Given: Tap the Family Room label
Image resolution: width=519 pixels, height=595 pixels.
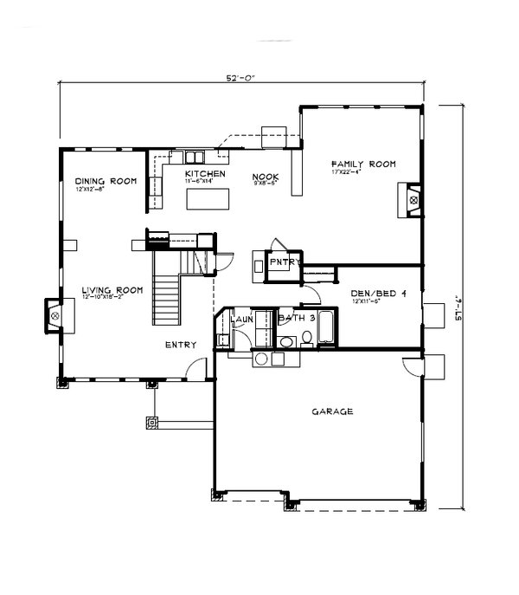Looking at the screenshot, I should [x=363, y=164].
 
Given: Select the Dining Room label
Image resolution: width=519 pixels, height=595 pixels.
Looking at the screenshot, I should [x=106, y=181].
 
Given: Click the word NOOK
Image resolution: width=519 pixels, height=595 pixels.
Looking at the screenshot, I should [x=265, y=174].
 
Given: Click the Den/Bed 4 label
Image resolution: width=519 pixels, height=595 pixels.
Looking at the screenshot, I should [x=378, y=294].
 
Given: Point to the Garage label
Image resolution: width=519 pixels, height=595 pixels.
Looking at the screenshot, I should [x=332, y=411].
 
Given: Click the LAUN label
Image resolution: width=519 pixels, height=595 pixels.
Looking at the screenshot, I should [x=242, y=320].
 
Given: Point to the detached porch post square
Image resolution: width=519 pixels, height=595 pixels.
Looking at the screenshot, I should [x=152, y=423].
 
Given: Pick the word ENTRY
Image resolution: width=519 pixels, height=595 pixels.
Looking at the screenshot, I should [x=181, y=345].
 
